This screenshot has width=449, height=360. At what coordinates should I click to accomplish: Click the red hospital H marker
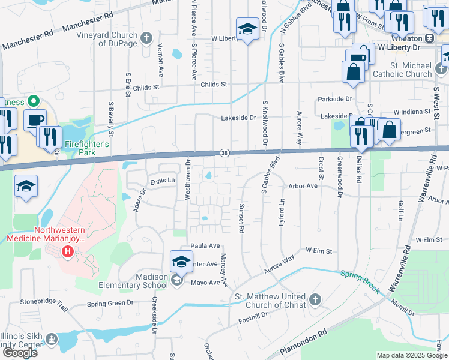coord(67,251)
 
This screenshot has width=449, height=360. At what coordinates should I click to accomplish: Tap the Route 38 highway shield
coord(223,153)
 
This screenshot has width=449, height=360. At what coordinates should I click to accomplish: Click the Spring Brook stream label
coord(360,281)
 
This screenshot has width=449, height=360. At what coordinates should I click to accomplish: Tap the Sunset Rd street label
coord(241,217)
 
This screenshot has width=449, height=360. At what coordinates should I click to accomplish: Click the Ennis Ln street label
coord(163,180)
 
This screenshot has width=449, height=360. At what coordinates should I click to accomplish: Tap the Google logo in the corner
coord(20,352)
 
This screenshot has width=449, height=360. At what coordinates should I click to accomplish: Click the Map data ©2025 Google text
coord(412,355)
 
